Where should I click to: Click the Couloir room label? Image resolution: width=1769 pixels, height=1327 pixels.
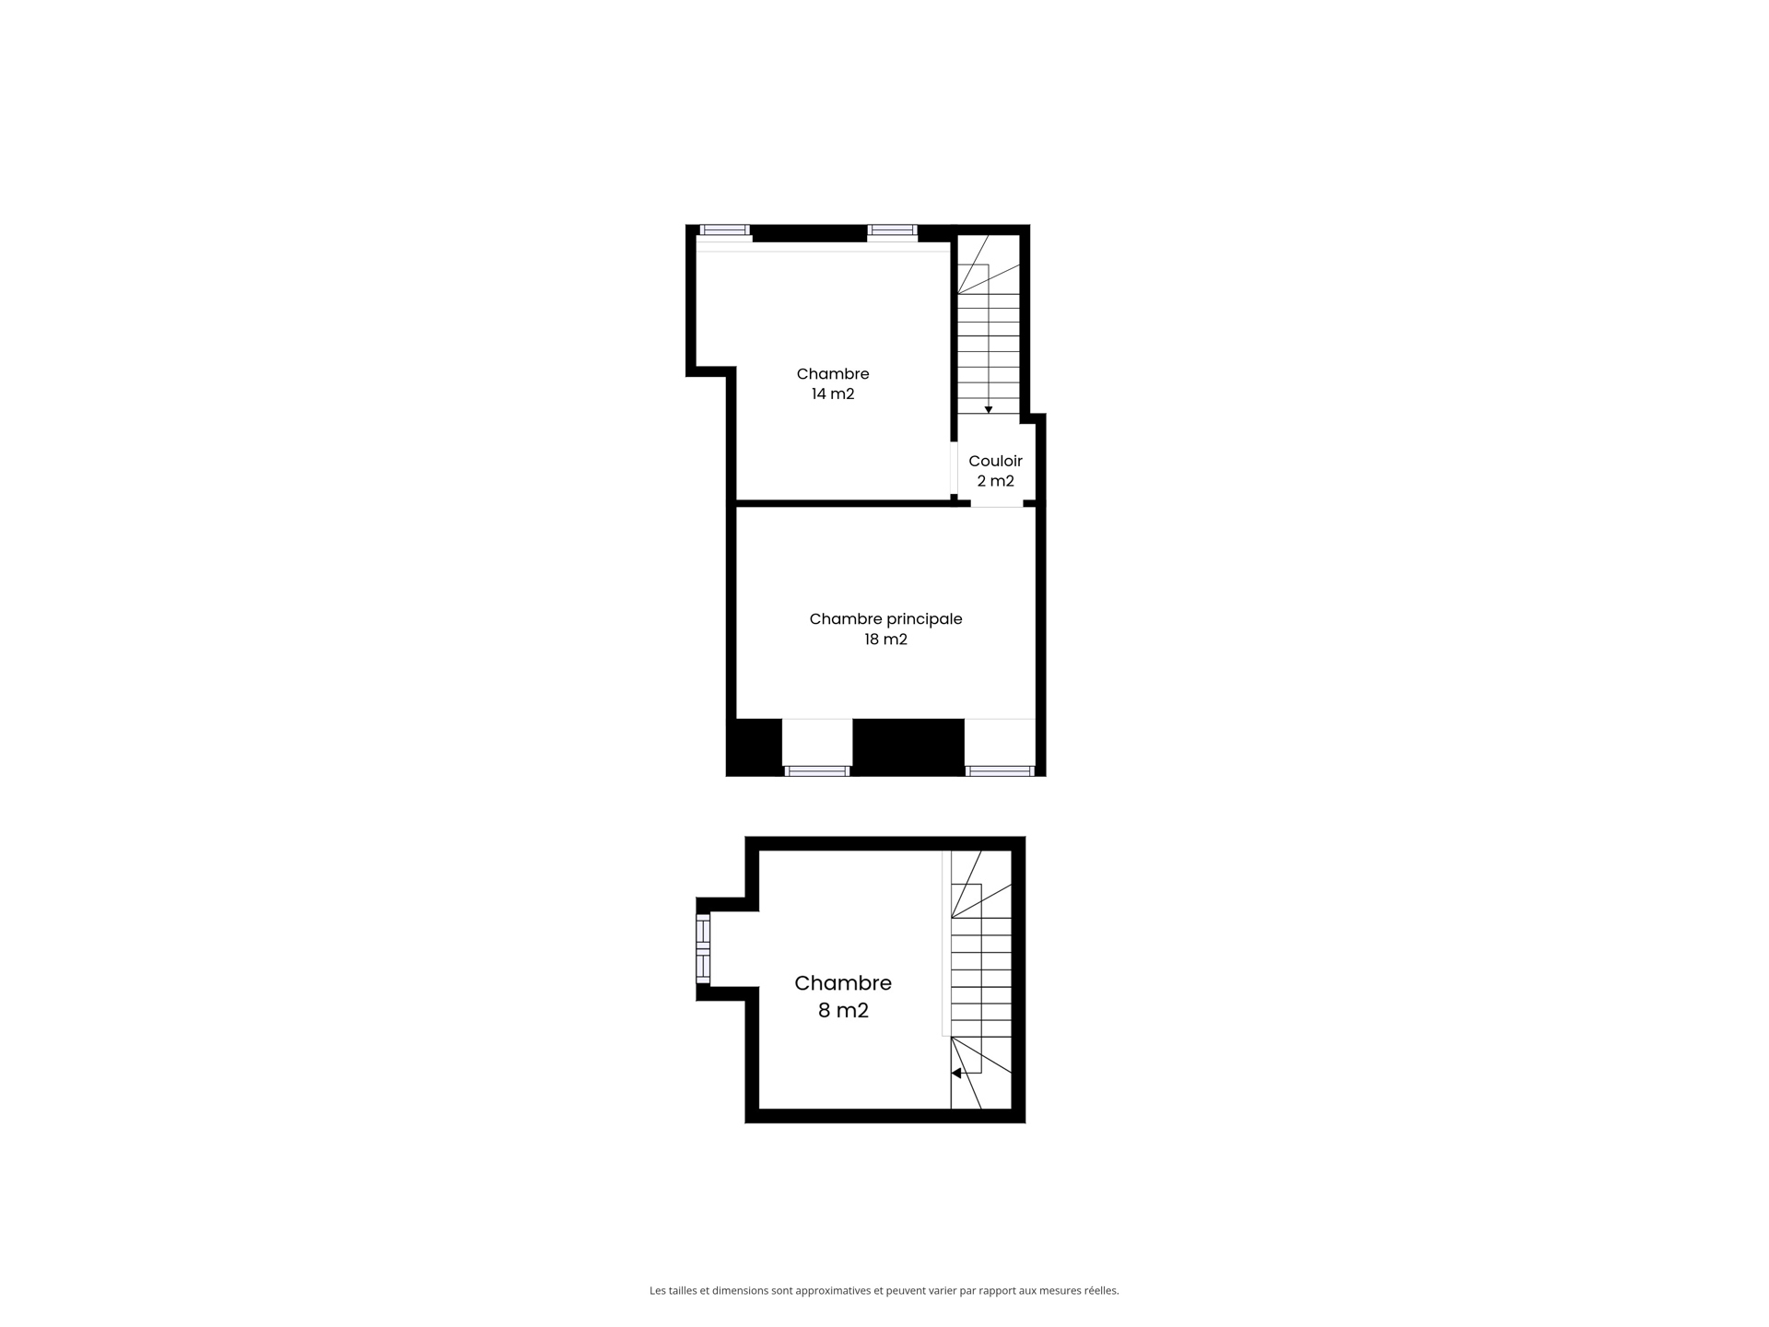tap(995, 461)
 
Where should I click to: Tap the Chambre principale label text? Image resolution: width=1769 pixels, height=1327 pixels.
tap(885, 619)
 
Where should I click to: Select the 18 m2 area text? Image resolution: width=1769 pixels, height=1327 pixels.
tap(885, 640)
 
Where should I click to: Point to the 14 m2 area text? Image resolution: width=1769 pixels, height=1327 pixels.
tap(833, 394)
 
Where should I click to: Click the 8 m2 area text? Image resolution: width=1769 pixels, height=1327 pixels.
tap(843, 1011)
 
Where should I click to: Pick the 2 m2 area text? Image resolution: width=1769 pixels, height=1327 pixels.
tap(995, 481)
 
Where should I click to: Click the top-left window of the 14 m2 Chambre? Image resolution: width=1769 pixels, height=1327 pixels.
tap(724, 230)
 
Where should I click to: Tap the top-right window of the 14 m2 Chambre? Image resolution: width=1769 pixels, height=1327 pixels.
tap(892, 230)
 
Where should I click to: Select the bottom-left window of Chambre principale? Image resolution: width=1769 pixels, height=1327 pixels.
tap(817, 770)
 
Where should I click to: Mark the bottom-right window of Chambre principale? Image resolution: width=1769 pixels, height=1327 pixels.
tap(1000, 770)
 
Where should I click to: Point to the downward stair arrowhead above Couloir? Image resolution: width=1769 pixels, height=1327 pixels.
tap(989, 409)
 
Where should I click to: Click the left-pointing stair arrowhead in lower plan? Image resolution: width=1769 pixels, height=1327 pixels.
tap(957, 1073)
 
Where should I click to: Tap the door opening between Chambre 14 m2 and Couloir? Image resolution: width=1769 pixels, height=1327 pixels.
tap(954, 470)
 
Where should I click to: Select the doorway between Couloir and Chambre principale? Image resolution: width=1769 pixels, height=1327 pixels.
tap(997, 504)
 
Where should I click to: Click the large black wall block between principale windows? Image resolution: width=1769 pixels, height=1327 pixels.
tap(908, 746)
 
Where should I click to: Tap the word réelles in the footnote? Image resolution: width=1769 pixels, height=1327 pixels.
tap(1100, 1291)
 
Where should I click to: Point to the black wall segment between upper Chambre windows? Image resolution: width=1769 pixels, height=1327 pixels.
tap(809, 233)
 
